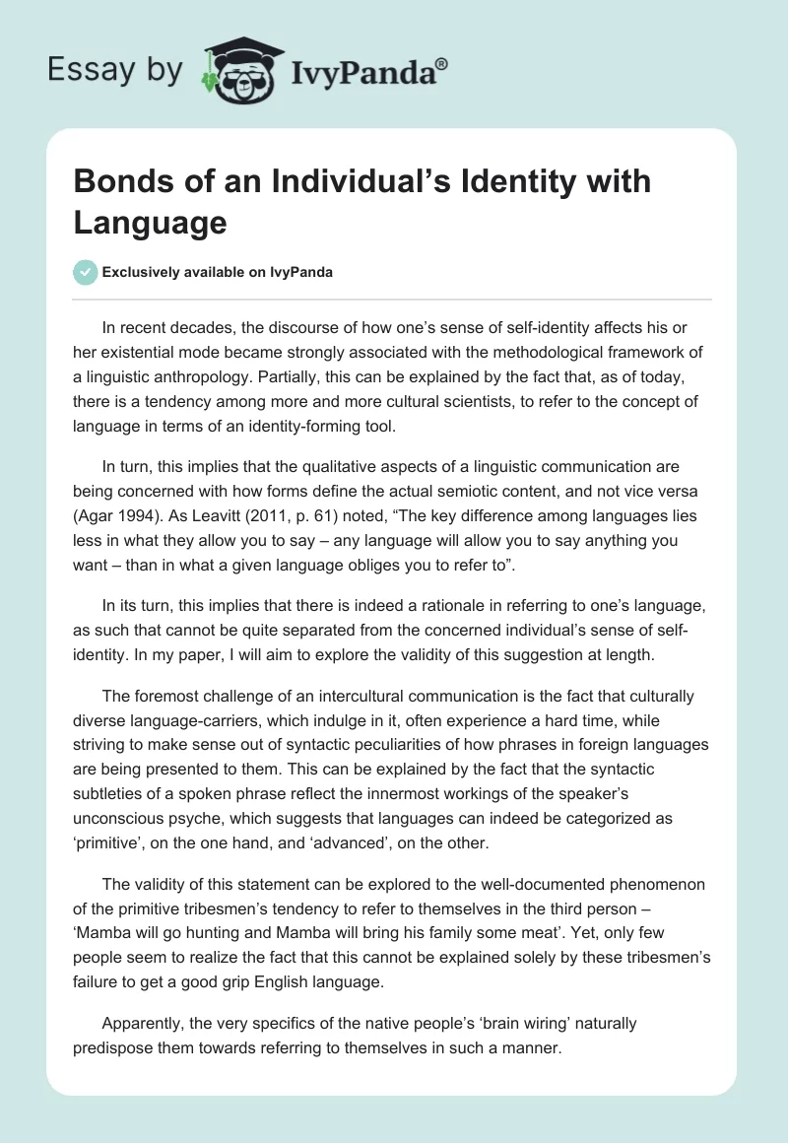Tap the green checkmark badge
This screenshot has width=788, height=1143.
pos(86,272)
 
